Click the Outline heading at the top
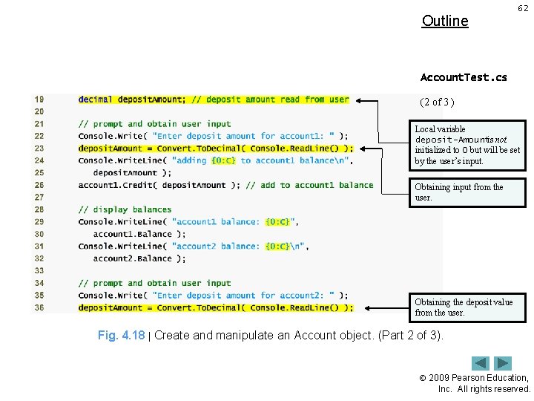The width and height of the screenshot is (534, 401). click(445, 21)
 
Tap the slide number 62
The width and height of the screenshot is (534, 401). click(523, 8)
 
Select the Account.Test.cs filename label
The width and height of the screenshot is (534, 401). click(464, 77)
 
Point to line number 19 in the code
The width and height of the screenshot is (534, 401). click(39, 100)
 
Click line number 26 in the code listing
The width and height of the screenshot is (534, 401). click(39, 185)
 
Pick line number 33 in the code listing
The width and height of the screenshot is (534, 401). click(39, 271)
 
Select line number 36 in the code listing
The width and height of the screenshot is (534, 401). click(39, 307)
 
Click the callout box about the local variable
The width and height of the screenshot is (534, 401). click(467, 145)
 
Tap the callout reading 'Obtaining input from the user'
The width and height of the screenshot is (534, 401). click(467, 192)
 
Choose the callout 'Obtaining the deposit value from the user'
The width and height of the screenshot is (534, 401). click(467, 307)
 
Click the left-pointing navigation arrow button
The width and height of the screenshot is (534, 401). click(481, 363)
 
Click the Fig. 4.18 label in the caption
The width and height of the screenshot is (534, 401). click(121, 336)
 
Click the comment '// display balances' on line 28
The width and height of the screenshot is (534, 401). click(125, 209)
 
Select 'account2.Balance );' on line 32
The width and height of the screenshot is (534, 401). click(139, 258)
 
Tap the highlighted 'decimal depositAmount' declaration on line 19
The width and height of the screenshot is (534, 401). click(132, 100)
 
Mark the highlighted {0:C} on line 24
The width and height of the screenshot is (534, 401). click(223, 160)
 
